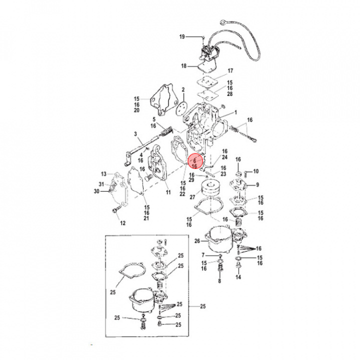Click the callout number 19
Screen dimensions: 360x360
pos(182,36)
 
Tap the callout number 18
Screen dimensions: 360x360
pos(183,66)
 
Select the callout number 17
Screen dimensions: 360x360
pos(230,70)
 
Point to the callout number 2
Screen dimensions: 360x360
pos(183,89)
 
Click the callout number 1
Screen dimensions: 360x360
pos(235,112)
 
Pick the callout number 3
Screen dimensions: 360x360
pos(135,134)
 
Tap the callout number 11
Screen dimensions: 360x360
pos(168,192)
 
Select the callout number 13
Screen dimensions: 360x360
pos(104,174)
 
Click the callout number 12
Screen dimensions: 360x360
pos(123,223)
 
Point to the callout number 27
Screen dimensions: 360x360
pos(192,197)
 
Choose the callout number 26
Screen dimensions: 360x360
pos(197,241)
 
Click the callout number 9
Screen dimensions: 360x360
pos(257,184)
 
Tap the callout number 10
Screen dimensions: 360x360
pos(256,171)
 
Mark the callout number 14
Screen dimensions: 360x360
pos(238,277)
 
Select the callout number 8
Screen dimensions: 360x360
pos(219,281)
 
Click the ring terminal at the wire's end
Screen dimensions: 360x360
pos(223,22)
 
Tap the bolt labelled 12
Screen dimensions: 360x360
pos(116,209)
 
